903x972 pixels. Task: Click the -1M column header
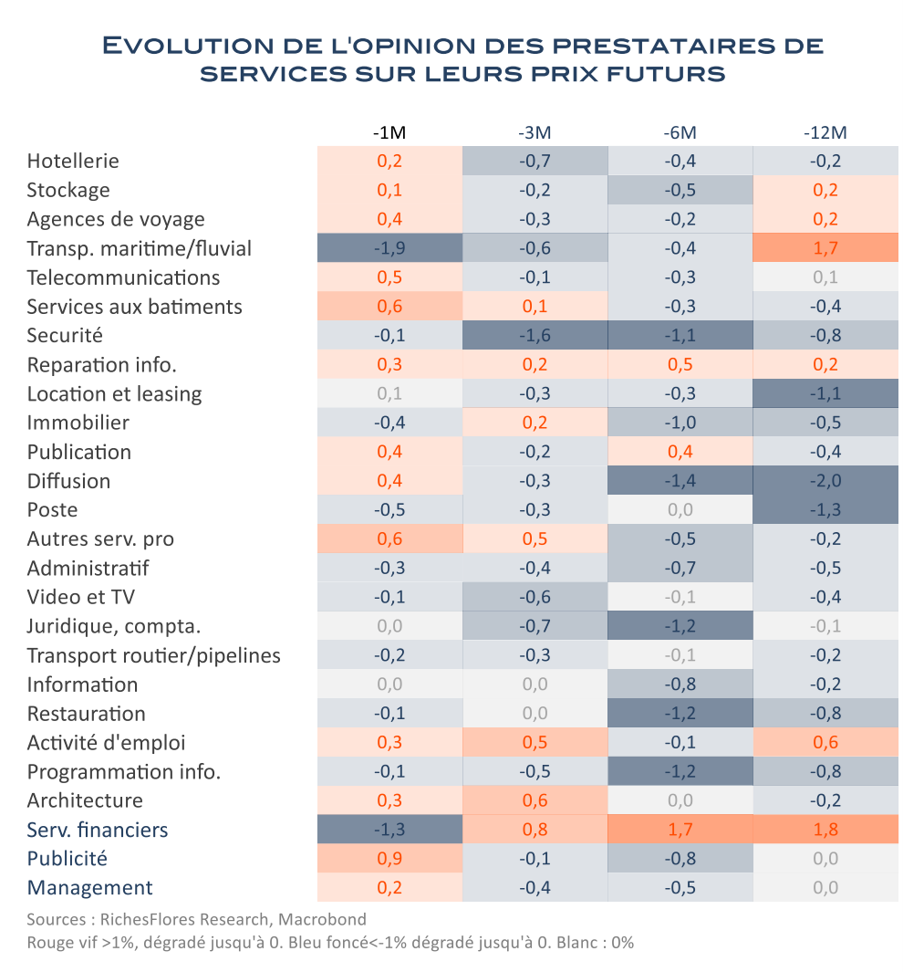tap(389, 132)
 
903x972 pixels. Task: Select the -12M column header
tap(825, 132)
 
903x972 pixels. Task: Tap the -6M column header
tap(680, 132)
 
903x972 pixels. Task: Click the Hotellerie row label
tap(73, 162)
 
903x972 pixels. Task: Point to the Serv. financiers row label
tap(98, 830)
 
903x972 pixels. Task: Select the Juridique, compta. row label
tap(114, 626)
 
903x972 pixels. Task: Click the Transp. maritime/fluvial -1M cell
tap(389, 248)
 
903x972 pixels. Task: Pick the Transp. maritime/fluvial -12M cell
tap(825, 248)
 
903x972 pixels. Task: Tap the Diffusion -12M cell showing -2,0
tap(825, 480)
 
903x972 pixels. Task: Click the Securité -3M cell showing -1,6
tap(535, 335)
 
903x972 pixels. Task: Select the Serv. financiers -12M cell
tap(825, 830)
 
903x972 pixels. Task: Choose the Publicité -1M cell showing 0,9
tap(389, 859)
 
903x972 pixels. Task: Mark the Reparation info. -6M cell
tap(680, 364)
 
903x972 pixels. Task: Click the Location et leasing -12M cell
tap(825, 393)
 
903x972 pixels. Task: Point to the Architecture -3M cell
tap(535, 800)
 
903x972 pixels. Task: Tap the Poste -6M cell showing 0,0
tap(680, 509)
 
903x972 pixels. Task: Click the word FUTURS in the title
tap(666, 74)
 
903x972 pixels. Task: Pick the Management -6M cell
tap(680, 888)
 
